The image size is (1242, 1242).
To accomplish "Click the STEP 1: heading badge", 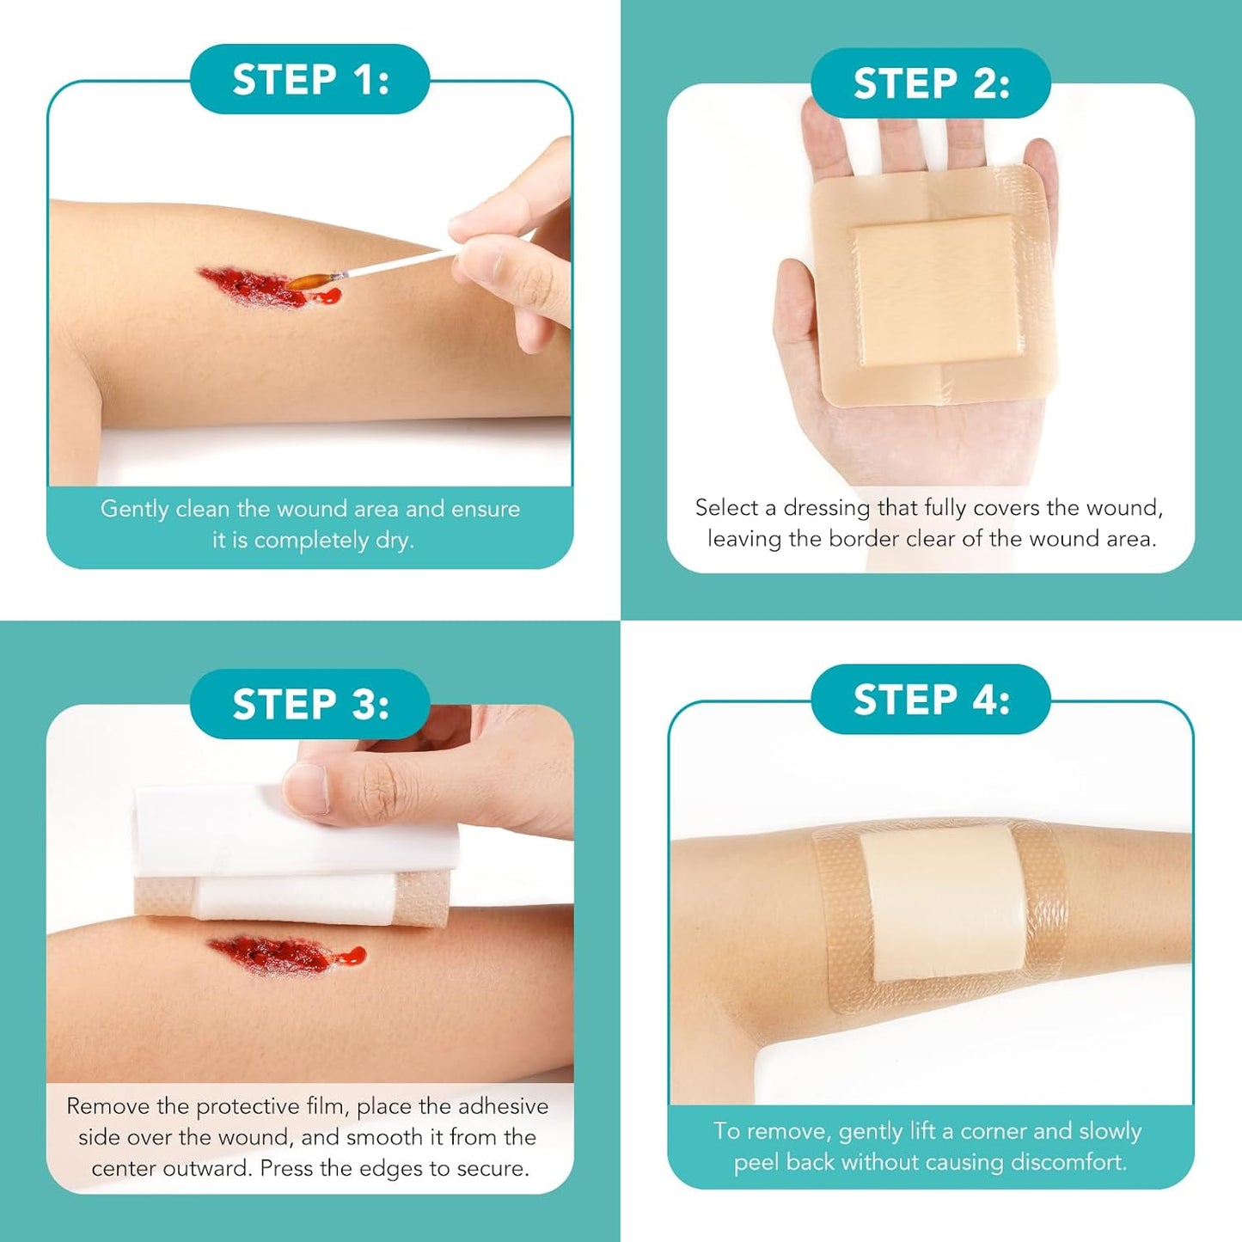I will pyautogui.click(x=310, y=80).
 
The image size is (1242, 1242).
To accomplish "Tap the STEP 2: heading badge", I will pyautogui.click(x=931, y=83).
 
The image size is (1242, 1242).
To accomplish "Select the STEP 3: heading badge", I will pyautogui.click(x=310, y=704).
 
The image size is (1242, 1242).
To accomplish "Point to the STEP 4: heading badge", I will pyautogui.click(x=931, y=700).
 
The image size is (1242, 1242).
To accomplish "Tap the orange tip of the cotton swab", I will pyautogui.click(x=309, y=280).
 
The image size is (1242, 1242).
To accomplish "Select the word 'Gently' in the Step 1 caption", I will pyautogui.click(x=134, y=509).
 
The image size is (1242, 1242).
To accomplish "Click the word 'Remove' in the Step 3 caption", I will pyautogui.click(x=108, y=1106).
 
